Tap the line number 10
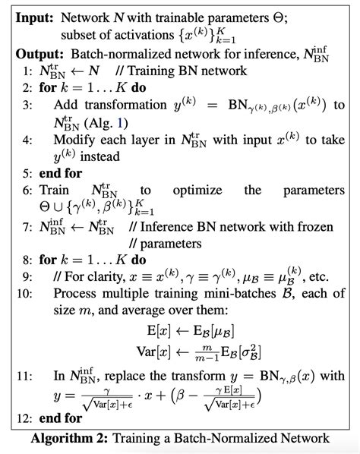click(x=24, y=293)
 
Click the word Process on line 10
click(x=76, y=293)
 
